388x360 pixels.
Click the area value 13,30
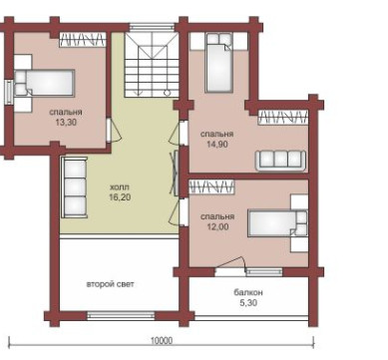click(x=66, y=123)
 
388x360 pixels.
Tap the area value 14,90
click(x=217, y=145)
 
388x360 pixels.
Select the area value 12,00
click(x=217, y=227)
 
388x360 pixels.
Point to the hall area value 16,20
click(x=120, y=197)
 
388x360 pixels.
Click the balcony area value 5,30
click(x=248, y=303)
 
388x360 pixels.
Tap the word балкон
click(x=248, y=292)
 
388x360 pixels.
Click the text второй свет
click(x=111, y=284)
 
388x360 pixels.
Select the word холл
click(x=120, y=186)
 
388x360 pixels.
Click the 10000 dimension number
click(x=162, y=341)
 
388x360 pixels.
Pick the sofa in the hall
click(x=74, y=187)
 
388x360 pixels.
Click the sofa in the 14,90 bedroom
click(x=280, y=161)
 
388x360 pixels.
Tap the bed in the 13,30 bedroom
click(x=44, y=83)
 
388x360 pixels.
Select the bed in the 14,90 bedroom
click(x=218, y=63)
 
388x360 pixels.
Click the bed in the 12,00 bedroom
click(x=278, y=222)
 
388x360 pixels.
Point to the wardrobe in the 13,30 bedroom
click(x=83, y=40)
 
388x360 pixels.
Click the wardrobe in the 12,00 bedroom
click(x=211, y=186)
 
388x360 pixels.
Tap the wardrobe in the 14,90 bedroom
click(x=282, y=118)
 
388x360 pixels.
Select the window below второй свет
click(x=121, y=315)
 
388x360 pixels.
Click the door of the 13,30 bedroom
click(x=113, y=130)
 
